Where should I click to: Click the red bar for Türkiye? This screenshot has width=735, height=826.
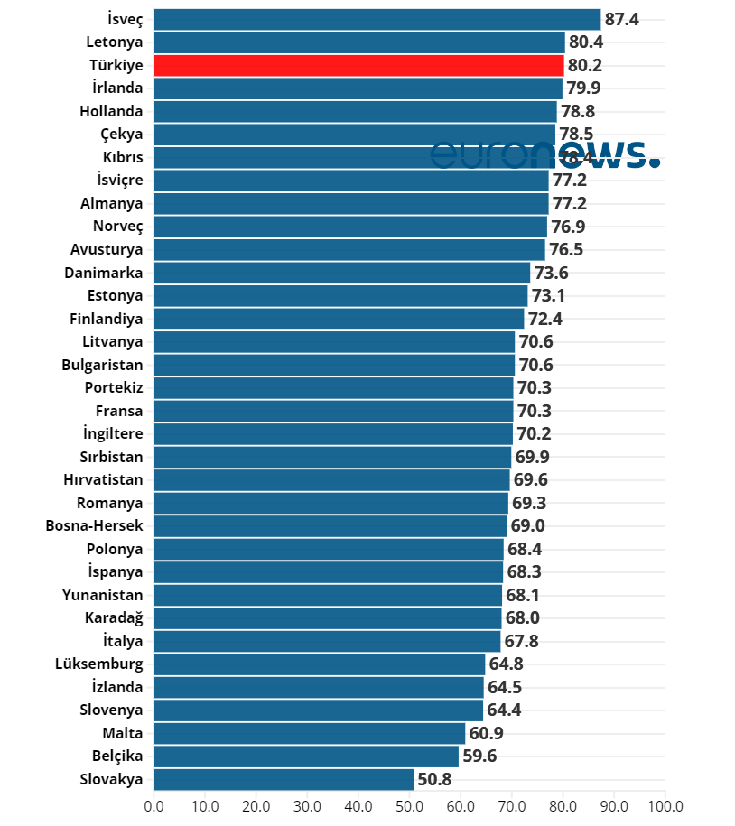pyautogui.click(x=358, y=65)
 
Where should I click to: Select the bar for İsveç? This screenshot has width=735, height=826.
pyautogui.click(x=377, y=19)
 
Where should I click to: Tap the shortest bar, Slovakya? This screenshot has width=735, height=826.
pyautogui.click(x=284, y=779)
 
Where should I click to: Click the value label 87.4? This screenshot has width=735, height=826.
pyautogui.click(x=622, y=19)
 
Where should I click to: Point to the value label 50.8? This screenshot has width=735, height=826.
pyautogui.click(x=435, y=779)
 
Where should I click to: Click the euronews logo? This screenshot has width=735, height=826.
pyautogui.click(x=544, y=153)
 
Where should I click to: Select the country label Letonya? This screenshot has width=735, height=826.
pyautogui.click(x=115, y=42)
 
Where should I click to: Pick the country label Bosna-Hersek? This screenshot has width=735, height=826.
pyautogui.click(x=94, y=525)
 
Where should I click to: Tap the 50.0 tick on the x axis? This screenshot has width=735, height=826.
pyautogui.click(x=410, y=805)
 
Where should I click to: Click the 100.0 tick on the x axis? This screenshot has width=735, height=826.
pyautogui.click(x=665, y=805)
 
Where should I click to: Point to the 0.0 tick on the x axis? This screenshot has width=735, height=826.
pyautogui.click(x=154, y=805)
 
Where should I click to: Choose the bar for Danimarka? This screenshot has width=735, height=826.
pyautogui.click(x=341, y=273)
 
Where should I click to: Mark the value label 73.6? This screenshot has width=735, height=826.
pyautogui.click(x=551, y=273)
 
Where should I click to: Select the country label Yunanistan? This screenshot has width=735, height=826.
pyautogui.click(x=103, y=595)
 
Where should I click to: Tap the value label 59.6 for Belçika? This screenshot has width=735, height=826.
pyautogui.click(x=479, y=756)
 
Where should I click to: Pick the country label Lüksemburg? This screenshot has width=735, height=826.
pyautogui.click(x=99, y=664)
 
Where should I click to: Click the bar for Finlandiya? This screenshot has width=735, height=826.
pyautogui.click(x=339, y=319)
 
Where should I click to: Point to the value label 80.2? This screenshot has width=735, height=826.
pyautogui.click(x=585, y=65)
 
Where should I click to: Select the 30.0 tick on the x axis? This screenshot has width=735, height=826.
pyautogui.click(x=307, y=805)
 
